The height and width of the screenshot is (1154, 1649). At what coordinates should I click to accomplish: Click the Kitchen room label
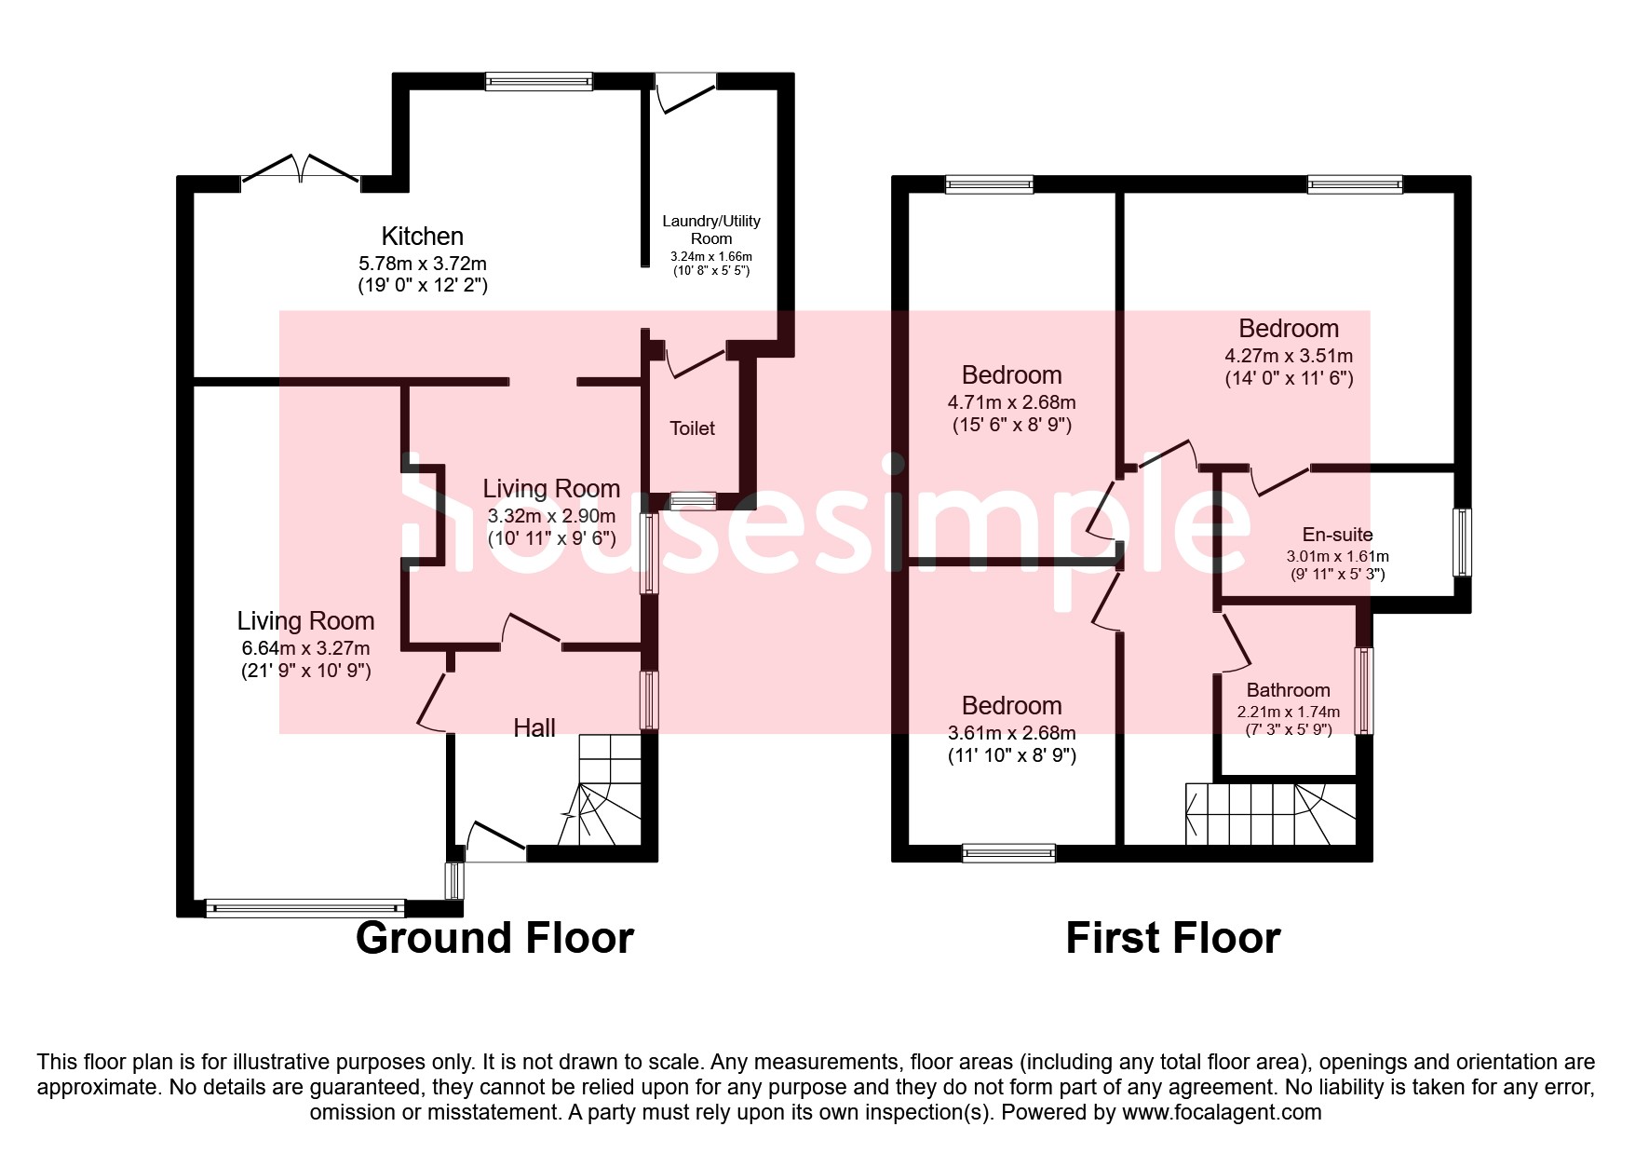coord(422,237)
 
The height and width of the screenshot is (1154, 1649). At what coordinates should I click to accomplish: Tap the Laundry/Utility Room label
coord(711,229)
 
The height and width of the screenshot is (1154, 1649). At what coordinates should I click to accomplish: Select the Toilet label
coord(692,428)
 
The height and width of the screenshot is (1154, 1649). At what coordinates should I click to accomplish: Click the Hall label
coord(534,728)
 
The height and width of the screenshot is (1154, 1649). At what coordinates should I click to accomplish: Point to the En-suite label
coord(1337,535)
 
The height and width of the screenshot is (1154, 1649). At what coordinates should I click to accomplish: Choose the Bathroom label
coord(1288,690)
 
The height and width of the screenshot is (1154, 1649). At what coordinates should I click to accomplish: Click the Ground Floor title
coord(494,938)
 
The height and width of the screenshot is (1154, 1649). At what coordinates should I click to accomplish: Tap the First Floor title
coord(1172,938)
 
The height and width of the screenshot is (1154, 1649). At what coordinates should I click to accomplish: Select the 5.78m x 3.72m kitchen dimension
coord(422,264)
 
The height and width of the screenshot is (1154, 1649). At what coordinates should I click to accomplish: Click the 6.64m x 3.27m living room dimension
coord(305,648)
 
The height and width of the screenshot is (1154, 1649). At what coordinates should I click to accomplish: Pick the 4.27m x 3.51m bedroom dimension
coord(1289,356)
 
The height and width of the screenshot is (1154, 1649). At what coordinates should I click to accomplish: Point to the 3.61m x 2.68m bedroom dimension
coord(1011,733)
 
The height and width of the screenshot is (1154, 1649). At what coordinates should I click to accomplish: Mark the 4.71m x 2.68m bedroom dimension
coord(1011,402)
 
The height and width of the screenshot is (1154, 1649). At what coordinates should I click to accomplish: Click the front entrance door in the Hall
coord(495,843)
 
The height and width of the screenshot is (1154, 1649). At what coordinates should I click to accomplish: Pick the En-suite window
coord(1462,542)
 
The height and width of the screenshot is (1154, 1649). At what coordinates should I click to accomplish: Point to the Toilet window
coord(693,501)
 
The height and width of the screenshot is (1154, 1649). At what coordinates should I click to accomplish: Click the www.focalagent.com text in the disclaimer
coord(1222,1112)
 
